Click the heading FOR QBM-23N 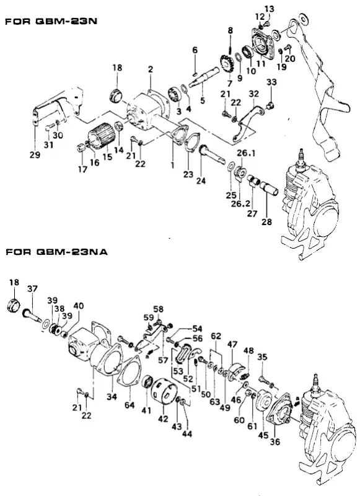[x=51, y=21]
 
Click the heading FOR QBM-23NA [x=56, y=252]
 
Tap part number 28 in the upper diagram [x=266, y=221]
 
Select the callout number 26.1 [x=246, y=153]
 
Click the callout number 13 [x=270, y=9]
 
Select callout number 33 [x=271, y=82]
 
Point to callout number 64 [x=130, y=405]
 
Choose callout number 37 [x=32, y=288]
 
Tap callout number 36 [x=275, y=441]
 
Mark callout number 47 [x=232, y=345]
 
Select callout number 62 [x=216, y=335]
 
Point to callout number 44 [x=187, y=434]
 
